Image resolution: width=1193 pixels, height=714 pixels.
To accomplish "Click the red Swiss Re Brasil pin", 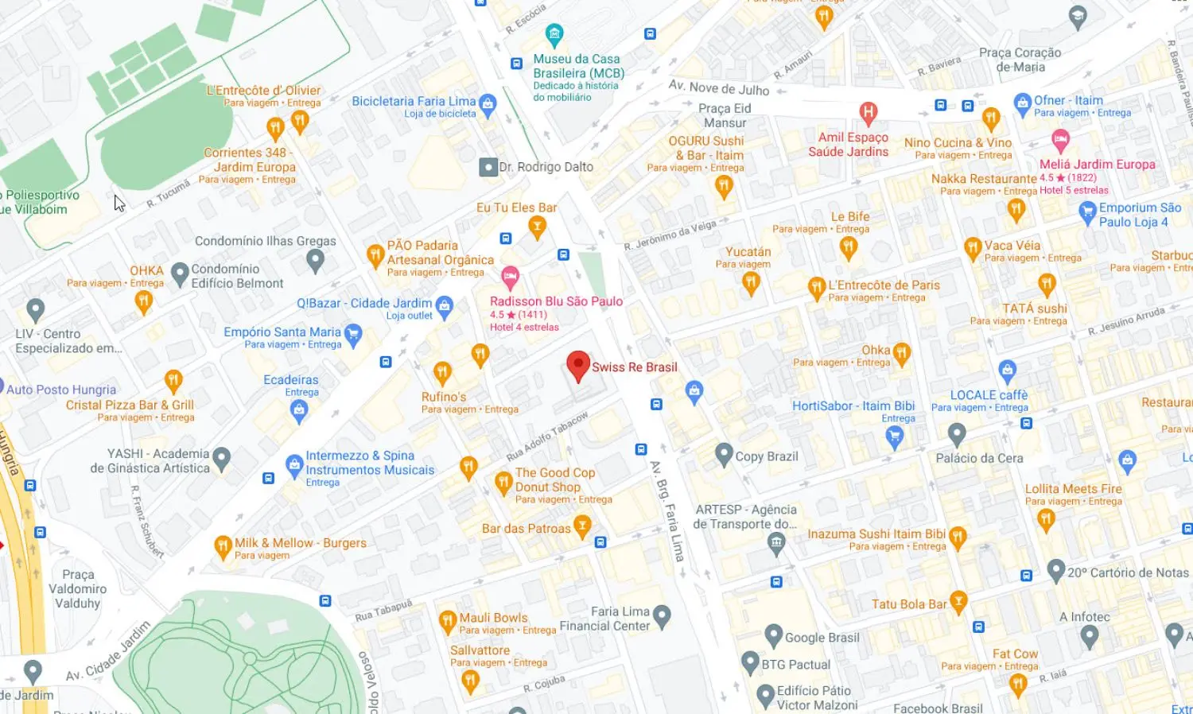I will coord(578,366).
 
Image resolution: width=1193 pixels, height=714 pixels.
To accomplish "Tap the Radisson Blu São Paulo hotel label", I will coord(556,301).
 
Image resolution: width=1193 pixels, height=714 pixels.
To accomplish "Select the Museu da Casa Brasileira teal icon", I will coord(554,35).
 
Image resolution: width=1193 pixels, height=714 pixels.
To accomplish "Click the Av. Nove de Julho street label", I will coord(718,88).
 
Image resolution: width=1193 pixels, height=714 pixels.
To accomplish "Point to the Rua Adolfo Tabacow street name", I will coord(547,436).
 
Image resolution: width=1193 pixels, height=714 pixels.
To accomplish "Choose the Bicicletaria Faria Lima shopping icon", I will coord(488,103).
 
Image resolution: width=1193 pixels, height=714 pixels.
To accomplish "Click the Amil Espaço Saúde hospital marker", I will coord(869,112).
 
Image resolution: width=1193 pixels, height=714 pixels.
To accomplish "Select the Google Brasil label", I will coord(822,638).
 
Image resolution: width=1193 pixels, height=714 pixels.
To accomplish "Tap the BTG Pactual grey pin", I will coord(750,662).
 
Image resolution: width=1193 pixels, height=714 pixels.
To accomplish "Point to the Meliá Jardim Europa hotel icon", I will coord(1060,142).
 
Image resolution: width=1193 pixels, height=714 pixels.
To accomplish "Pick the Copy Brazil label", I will coord(766,456).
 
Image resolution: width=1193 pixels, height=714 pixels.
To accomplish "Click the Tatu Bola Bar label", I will coord(909,604).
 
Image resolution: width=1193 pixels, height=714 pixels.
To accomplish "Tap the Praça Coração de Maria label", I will coord(1020,60).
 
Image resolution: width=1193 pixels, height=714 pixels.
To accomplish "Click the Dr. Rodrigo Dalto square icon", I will coord(488,167).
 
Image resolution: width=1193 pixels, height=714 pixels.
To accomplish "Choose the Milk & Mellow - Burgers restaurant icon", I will coord(223,546).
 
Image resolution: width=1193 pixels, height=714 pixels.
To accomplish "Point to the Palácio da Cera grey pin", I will coord(957,434).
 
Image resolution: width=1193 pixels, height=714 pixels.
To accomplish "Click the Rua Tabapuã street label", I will coord(383,611).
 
